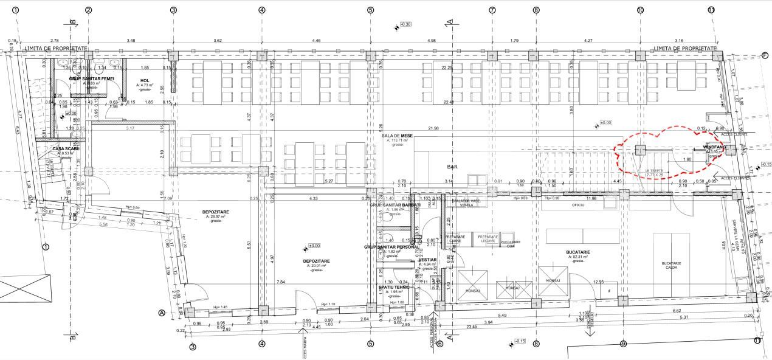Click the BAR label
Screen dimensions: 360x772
pos(452,165)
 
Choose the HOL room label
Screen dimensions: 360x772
pos(144,80)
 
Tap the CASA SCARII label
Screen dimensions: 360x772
pos(63,149)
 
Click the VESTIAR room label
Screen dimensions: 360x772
pos(429,260)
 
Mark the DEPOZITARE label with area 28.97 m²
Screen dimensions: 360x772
pos(215,212)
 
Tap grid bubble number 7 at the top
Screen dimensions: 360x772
pos(492,10)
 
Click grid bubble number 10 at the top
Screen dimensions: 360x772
pos(640,10)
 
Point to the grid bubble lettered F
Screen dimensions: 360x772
pos(766,54)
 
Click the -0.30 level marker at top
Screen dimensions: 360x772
pos(405,24)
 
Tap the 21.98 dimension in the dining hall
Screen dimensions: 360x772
pos(433,128)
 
